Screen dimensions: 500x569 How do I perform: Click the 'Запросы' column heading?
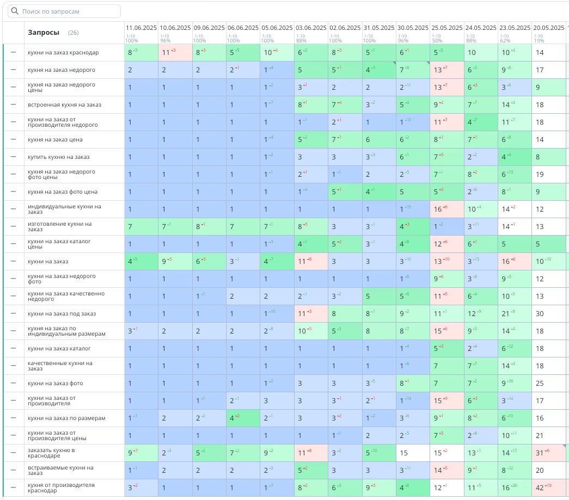(44, 33)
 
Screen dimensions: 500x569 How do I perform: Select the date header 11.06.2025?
(141, 27)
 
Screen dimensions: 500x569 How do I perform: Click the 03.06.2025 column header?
(310, 27)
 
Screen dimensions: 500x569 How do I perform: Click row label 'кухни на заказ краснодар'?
(63, 53)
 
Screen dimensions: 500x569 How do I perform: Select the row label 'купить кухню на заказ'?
(59, 157)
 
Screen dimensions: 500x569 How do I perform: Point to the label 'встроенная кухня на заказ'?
(64, 105)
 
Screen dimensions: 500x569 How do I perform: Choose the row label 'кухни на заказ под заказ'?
(62, 314)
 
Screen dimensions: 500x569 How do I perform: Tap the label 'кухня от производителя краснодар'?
(61, 488)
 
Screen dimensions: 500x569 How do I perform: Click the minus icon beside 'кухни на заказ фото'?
(14, 384)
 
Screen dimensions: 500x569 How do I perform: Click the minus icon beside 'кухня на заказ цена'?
(14, 140)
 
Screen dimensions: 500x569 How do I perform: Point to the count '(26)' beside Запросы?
(74, 33)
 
